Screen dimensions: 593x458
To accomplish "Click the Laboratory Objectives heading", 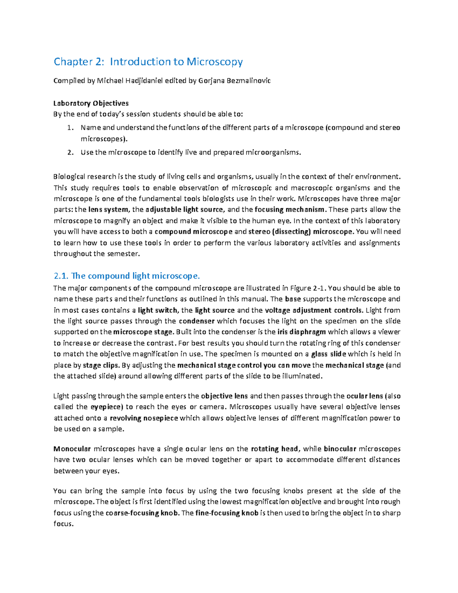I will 91,103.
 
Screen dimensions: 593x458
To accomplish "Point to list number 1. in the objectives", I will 70,128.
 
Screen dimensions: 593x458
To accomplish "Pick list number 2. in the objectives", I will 70,152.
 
